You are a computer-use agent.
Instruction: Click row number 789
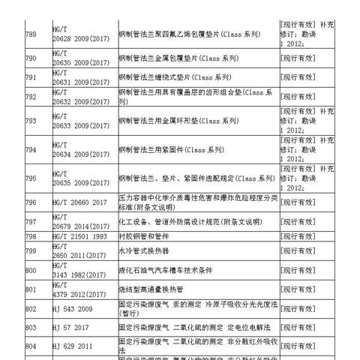31,34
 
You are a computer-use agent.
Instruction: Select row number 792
31,97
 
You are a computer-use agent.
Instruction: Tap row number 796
31,202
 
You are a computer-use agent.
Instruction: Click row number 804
31,346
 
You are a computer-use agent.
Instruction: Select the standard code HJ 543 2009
74,308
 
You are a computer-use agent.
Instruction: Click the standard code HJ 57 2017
72,328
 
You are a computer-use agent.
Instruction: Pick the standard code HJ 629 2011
74,346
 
